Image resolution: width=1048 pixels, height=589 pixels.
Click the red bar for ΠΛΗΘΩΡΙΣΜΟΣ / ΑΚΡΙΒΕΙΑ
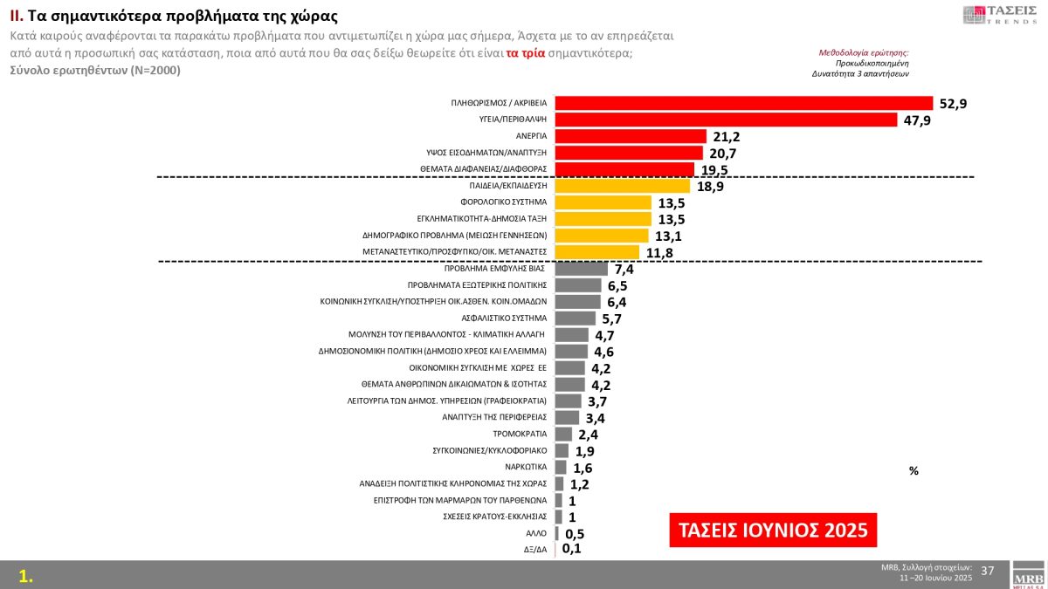point(743,103)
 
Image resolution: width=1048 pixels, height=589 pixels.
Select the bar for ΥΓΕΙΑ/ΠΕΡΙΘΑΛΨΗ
point(726,120)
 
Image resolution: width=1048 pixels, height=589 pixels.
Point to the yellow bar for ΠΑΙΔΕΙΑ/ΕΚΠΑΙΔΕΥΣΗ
point(623,186)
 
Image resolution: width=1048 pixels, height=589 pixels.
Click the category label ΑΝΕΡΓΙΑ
point(531,136)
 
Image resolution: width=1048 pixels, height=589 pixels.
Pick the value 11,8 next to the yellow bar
point(661,253)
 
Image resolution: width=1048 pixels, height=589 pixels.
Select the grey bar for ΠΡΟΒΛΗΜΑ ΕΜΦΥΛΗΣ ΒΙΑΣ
point(581,269)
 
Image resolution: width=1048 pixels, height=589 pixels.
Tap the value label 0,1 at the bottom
point(572,549)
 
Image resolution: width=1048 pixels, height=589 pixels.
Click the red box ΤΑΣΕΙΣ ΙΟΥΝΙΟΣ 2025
point(773,530)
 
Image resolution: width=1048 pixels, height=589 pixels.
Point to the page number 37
point(988,571)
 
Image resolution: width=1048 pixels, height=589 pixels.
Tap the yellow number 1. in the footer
point(26,576)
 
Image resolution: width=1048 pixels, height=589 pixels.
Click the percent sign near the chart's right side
point(914,470)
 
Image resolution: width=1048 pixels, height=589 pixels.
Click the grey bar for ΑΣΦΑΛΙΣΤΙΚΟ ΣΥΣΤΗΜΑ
point(575,318)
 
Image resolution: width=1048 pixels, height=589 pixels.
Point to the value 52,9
point(954,104)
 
